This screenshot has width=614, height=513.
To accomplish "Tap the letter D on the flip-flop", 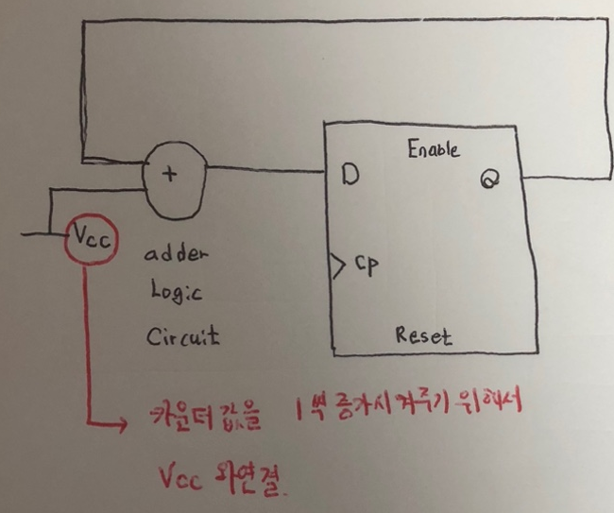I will pyautogui.click(x=350, y=177).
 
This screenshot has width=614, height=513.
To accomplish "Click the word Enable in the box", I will pyautogui.click(x=434, y=149).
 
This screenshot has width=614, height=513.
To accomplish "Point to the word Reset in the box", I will pyautogui.click(x=422, y=335).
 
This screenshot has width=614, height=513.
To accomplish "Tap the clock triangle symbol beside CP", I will pyautogui.click(x=338, y=265).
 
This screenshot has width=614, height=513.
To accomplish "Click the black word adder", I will pyautogui.click(x=177, y=255).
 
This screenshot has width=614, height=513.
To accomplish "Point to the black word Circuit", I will pyautogui.click(x=183, y=334).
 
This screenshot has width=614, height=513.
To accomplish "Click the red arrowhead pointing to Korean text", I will pyautogui.click(x=119, y=426).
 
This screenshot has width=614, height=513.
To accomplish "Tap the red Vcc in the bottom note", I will pyautogui.click(x=178, y=471).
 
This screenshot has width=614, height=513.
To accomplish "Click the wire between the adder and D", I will pyautogui.click(x=264, y=168).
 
